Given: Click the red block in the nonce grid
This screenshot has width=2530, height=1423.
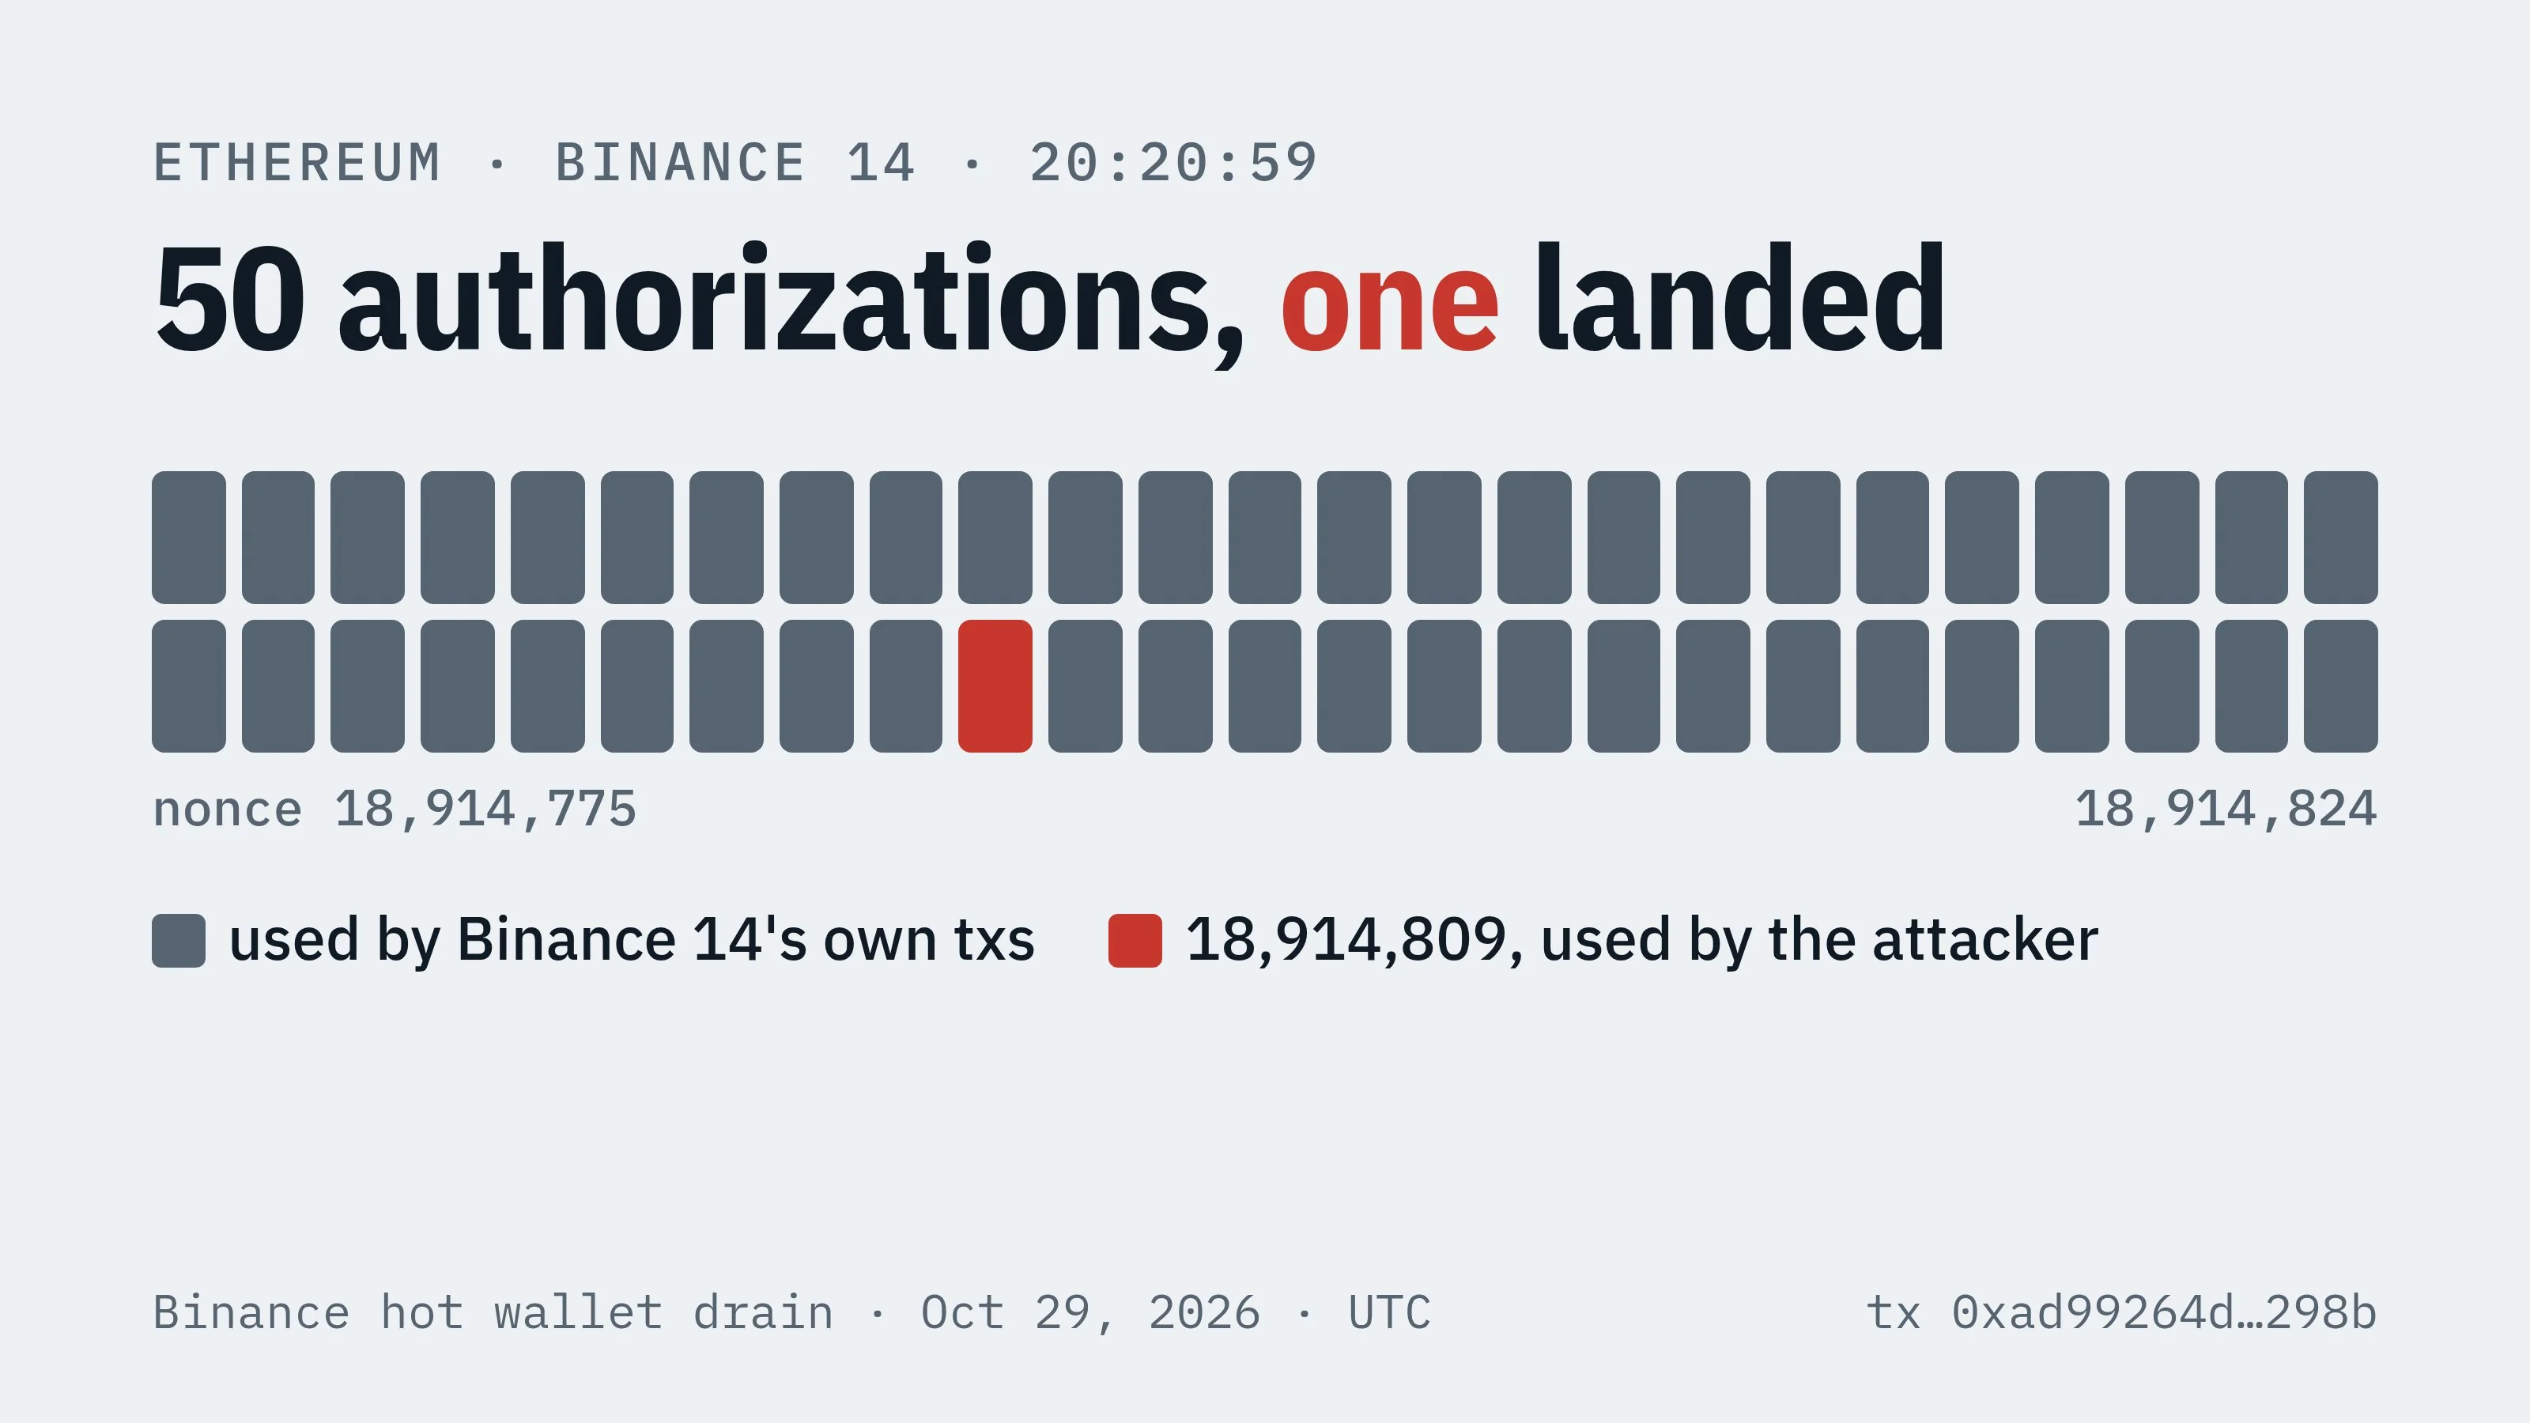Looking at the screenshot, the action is point(995,685).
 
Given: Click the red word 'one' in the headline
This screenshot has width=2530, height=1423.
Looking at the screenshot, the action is point(1390,301).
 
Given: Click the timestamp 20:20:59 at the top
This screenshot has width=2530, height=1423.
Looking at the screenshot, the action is point(1172,163).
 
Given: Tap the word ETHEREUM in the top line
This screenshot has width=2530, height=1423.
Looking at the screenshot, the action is point(296,163).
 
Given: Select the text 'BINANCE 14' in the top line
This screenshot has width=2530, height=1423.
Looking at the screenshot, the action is point(735,163).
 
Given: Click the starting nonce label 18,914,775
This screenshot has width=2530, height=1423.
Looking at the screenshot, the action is point(485,810).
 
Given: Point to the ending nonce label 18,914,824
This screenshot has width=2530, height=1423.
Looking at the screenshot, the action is point(2226,810).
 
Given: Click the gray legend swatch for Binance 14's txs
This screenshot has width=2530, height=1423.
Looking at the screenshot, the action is point(179,941).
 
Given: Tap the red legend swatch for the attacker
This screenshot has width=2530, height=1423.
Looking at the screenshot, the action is point(1135,941).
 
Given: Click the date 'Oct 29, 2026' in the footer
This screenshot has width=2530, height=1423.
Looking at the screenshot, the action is point(1090,1314).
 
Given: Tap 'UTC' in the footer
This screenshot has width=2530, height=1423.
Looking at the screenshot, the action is point(1390,1313).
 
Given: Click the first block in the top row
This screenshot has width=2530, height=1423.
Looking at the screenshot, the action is point(189,538).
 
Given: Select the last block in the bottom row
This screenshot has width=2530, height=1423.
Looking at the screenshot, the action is point(2340,685).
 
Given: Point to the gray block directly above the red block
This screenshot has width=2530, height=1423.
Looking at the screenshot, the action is point(995,538).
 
